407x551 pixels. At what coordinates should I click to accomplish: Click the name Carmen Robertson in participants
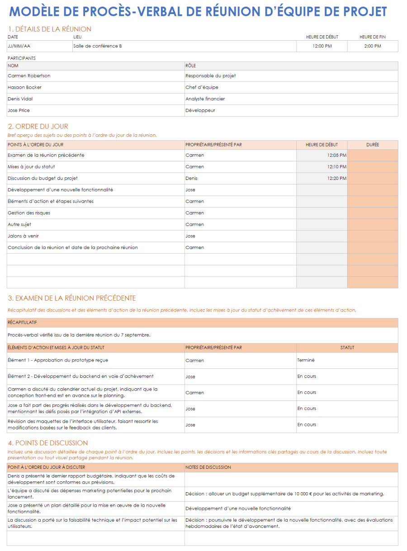point(29,76)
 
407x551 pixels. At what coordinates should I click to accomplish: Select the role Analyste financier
point(205,99)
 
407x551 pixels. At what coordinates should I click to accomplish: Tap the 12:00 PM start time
point(322,46)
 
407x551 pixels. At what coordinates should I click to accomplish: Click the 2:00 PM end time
point(373,46)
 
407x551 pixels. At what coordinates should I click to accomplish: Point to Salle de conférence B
point(98,46)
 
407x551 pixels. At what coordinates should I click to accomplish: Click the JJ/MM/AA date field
point(19,46)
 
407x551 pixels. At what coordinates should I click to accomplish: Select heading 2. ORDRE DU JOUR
point(38,127)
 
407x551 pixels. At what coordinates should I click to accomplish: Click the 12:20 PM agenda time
point(336,179)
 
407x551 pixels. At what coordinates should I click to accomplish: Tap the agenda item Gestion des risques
point(29,213)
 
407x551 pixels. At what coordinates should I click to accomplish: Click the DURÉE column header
point(373,145)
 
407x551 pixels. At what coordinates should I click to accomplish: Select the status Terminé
point(306,360)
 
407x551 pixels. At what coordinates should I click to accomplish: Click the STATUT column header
point(347,348)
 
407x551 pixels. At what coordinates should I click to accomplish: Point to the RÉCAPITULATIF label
point(22,323)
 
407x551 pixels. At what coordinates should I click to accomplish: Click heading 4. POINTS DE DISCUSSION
point(48,443)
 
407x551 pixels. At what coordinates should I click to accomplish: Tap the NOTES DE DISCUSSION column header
point(208,467)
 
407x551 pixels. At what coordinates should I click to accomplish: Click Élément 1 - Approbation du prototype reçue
point(58,360)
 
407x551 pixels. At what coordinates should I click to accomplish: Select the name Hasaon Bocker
point(24,87)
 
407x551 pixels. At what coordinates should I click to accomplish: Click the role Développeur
point(200,110)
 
